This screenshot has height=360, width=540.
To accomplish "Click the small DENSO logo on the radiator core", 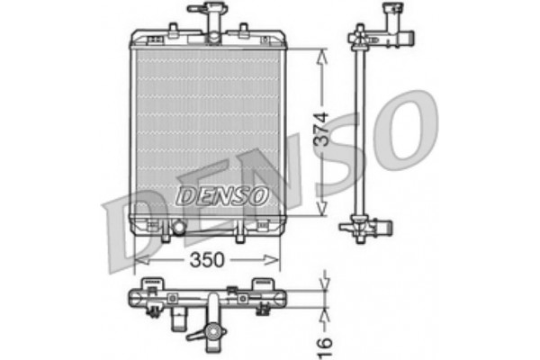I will coord(220,194).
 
